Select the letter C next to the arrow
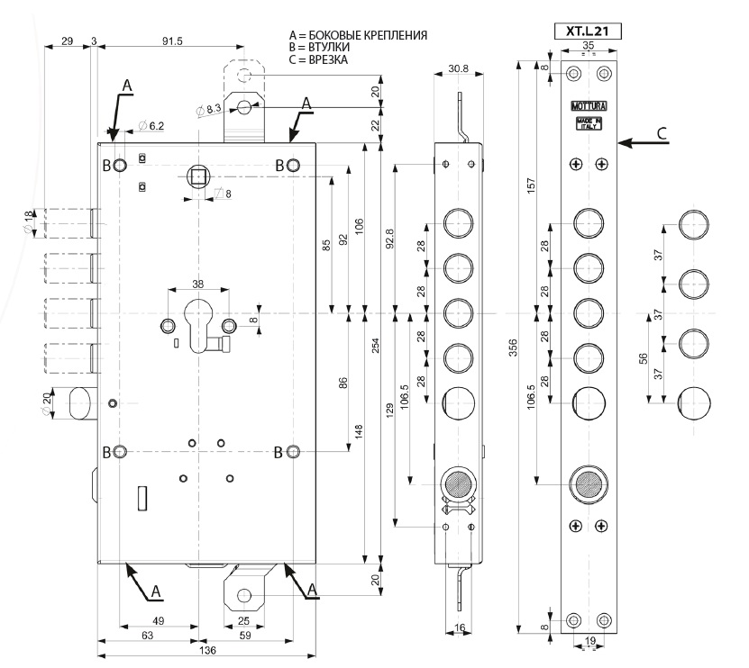click(663, 133)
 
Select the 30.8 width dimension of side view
click(461, 68)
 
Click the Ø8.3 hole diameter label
click(210, 109)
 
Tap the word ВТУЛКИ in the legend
click(329, 48)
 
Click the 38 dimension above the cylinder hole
click(197, 284)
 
